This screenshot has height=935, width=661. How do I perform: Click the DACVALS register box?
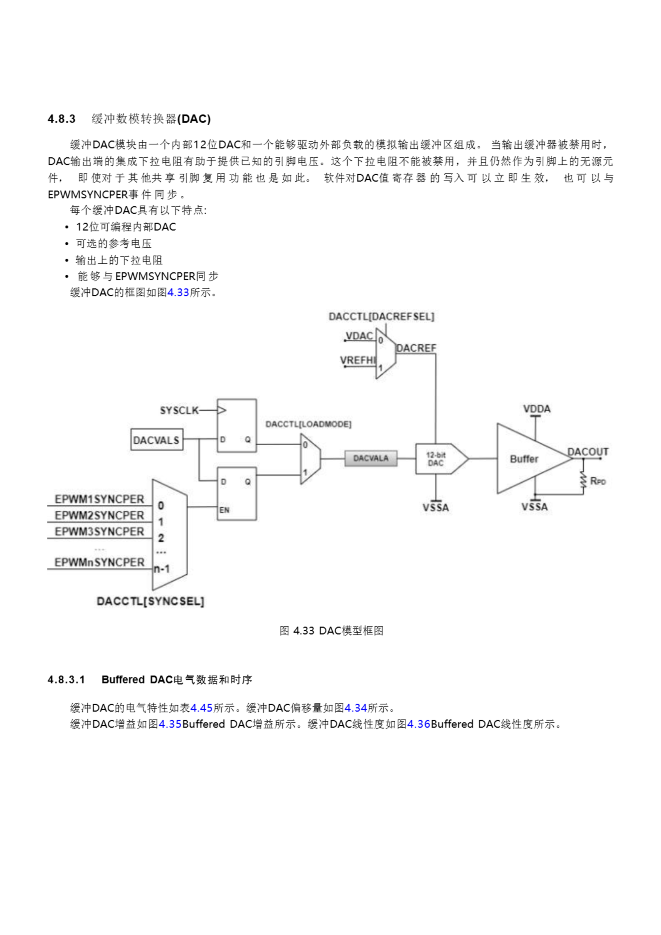pos(156,440)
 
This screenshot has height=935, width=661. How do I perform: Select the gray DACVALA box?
pos(371,458)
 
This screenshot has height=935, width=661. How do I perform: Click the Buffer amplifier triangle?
pos(526,459)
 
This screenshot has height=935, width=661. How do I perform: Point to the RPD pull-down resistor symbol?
pos(583,481)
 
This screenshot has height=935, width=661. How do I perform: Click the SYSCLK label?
pos(179,411)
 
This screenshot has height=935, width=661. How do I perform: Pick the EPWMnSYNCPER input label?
pos(99,562)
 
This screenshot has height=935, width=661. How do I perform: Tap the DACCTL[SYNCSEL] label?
pos(150,602)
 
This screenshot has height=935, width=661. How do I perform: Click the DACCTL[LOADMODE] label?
pos(308,424)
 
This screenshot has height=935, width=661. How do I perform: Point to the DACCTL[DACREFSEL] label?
pos(381,317)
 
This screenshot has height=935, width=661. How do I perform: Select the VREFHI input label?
pos(358,360)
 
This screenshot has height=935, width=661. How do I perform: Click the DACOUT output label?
pos(588,452)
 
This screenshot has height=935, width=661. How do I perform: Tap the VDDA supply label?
pos(536,409)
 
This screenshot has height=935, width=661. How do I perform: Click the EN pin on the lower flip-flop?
pos(224,510)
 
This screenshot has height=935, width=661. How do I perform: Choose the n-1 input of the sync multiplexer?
pos(162,569)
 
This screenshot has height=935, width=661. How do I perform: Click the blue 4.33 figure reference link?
pos(178,293)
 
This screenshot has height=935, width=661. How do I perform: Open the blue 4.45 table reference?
pos(202,708)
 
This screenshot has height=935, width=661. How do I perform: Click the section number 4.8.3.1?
pos(66,680)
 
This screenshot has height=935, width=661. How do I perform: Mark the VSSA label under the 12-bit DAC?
pos(435,508)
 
